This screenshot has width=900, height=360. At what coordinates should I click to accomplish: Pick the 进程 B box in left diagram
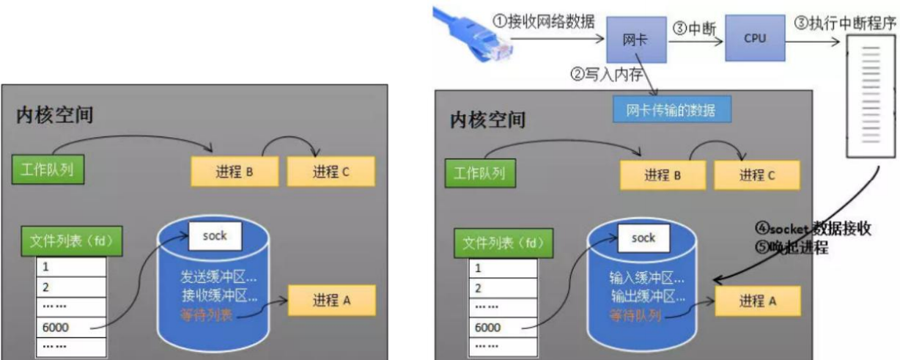[235, 172]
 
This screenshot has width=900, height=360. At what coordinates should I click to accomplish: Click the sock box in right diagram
[643, 238]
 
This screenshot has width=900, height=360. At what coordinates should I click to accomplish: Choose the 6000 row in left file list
[71, 327]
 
